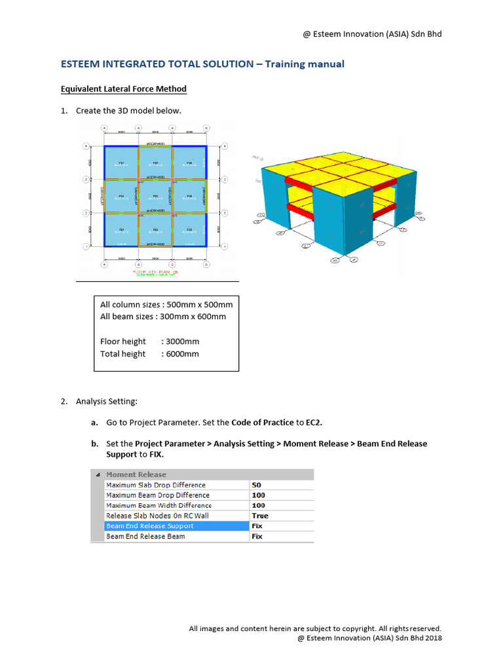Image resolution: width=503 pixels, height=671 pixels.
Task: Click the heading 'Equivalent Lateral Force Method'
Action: [123, 89]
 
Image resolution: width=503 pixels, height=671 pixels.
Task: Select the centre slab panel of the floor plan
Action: [155, 196]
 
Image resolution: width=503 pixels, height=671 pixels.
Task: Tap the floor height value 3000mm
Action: [182, 341]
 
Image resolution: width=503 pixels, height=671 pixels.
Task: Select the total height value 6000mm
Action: [182, 354]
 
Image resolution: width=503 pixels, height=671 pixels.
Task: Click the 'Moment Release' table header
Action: [136, 474]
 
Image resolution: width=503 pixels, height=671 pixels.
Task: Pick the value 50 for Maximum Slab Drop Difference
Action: [257, 485]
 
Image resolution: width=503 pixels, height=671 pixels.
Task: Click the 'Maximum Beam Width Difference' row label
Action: [158, 505]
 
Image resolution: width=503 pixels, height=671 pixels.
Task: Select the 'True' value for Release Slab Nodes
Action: [260, 516]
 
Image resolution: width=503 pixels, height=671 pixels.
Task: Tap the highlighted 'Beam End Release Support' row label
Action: [150, 526]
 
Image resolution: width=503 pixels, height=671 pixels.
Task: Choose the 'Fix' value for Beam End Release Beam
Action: [257, 536]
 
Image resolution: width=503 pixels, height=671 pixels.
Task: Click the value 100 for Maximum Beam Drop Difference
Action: [258, 495]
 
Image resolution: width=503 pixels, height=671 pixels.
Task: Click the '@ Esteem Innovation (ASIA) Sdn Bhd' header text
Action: [372, 33]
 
